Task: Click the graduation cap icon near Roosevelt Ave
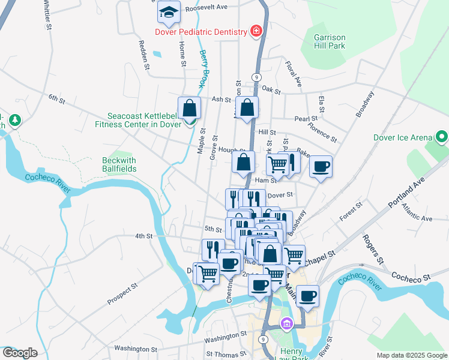[169, 12]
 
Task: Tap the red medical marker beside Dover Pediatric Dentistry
[256, 31]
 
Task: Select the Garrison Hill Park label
[330, 41]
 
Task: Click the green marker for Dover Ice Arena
[442, 137]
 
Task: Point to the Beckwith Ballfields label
[119, 165]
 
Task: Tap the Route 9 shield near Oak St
[256, 77]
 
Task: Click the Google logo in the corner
[20, 353]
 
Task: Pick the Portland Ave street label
[406, 192]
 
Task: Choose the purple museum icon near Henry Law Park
[287, 324]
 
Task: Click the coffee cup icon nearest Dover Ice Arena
[321, 166]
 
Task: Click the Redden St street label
[143, 55]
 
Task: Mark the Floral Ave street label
[292, 73]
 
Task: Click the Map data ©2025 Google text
[411, 355]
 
